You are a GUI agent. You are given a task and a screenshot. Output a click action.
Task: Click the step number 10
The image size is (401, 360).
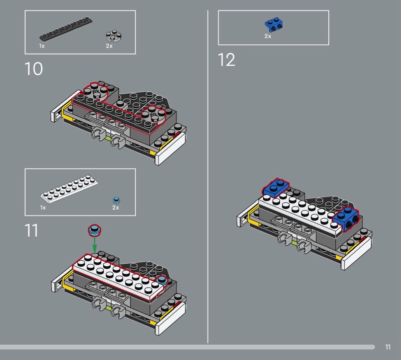(34, 69)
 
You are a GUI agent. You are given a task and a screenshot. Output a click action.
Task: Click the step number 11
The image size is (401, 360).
(32, 230)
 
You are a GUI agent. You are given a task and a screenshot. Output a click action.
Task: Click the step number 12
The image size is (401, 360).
(227, 60)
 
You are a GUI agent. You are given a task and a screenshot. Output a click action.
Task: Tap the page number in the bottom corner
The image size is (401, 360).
(387, 347)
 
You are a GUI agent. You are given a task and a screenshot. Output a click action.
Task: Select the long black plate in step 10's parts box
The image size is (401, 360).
(66, 29)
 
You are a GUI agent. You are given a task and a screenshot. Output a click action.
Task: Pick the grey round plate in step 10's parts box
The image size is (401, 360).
(114, 36)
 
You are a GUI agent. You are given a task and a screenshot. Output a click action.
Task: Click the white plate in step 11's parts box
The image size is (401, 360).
(69, 189)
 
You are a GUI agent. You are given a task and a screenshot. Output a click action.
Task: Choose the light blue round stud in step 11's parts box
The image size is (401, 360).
(116, 200)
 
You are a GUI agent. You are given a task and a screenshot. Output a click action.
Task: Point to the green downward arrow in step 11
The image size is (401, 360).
(94, 244)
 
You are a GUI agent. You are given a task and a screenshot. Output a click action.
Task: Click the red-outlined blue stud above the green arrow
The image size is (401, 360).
(95, 230)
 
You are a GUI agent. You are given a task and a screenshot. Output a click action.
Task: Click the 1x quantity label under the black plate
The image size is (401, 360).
(42, 46)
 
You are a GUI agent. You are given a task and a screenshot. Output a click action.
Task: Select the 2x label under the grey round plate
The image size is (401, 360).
(109, 46)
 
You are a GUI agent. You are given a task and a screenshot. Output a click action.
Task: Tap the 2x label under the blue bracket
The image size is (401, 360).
(268, 36)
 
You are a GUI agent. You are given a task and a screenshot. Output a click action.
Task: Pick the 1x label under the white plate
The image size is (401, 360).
(43, 208)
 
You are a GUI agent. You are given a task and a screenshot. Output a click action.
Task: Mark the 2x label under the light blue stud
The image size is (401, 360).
(116, 208)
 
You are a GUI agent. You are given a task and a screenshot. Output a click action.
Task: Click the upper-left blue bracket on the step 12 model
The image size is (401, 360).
(275, 188)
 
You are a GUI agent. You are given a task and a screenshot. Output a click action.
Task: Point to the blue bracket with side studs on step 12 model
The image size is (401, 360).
(345, 219)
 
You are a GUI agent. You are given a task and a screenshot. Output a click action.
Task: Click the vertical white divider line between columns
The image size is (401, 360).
(208, 176)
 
